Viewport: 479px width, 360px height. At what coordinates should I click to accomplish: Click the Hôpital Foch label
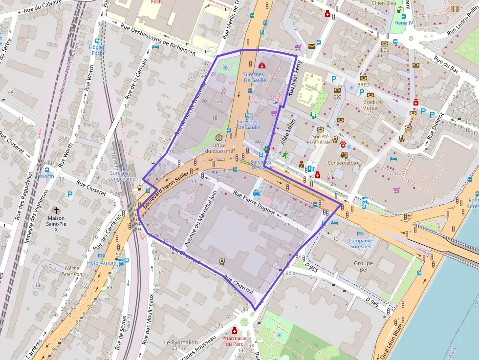[x=97, y=50]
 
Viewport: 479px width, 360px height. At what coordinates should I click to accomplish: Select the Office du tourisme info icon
[x=218, y=138]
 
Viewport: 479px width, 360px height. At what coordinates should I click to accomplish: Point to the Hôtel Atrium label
[x=101, y=263]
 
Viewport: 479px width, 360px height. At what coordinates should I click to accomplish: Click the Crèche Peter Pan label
[x=71, y=271]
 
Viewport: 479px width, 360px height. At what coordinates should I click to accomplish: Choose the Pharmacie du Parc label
[x=233, y=340]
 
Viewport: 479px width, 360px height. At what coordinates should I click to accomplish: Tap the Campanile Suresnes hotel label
[x=361, y=243]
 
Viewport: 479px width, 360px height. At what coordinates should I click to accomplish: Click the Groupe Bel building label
[x=363, y=266]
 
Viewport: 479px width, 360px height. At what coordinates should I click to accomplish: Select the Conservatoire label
[x=344, y=163]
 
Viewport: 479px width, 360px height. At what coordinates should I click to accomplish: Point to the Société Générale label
[x=321, y=139]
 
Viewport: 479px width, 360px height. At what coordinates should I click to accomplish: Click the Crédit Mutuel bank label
[x=370, y=105]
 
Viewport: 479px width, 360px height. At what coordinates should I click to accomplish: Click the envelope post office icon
[x=311, y=46]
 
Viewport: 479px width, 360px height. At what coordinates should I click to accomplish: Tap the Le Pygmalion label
[x=181, y=342]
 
